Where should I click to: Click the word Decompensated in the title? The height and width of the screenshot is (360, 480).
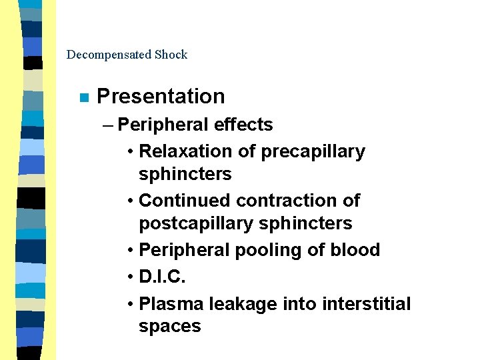[109, 55]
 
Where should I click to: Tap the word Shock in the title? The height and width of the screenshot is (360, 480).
[171, 55]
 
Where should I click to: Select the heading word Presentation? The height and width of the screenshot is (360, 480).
[161, 97]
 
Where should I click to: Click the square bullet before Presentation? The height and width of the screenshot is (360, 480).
[83, 97]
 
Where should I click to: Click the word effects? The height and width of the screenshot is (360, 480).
[243, 125]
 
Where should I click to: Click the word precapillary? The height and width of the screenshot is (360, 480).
[313, 151]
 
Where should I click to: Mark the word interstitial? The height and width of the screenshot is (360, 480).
[366, 304]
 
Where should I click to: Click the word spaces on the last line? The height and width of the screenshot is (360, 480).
[169, 327]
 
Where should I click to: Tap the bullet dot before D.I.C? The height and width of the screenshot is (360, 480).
[130, 276]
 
